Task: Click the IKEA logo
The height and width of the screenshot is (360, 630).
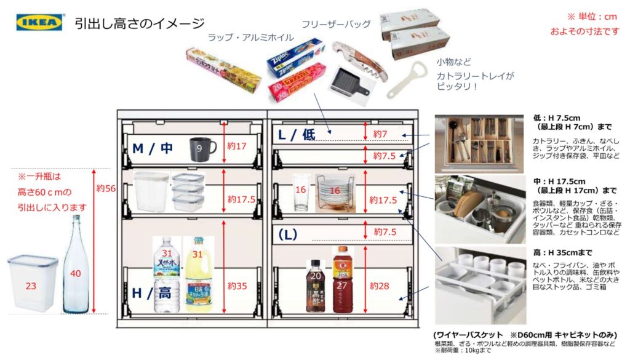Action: (x=39, y=23)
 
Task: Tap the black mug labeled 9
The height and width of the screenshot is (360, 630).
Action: (x=201, y=148)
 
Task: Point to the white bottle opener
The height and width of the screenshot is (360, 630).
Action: (x=407, y=79)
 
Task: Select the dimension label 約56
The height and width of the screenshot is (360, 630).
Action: (x=106, y=188)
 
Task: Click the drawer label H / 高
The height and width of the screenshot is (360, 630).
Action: (x=151, y=294)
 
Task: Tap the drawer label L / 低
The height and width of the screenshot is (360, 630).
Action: (x=296, y=135)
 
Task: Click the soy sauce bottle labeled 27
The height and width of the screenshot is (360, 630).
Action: (x=343, y=280)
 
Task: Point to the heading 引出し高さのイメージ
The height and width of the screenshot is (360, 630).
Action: (x=139, y=24)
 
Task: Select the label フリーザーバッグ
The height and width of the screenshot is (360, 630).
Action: (x=335, y=25)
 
